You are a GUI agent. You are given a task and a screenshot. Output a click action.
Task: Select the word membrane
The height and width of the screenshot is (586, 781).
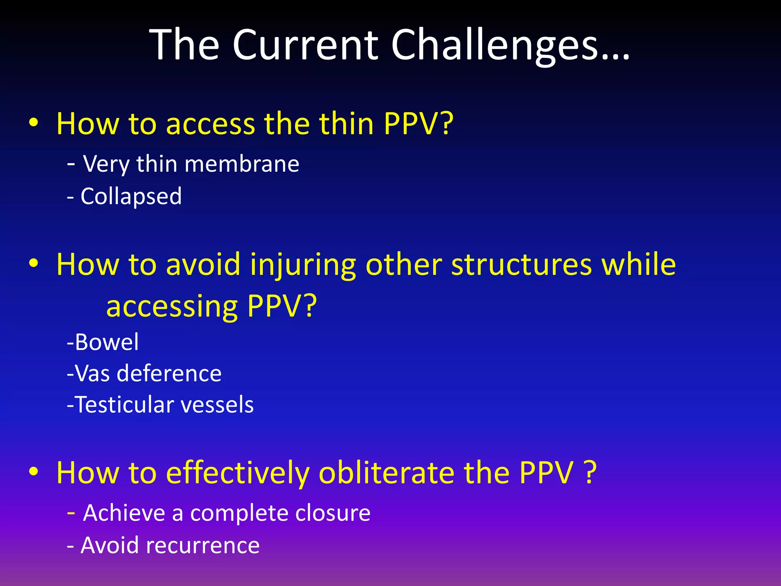coord(242,164)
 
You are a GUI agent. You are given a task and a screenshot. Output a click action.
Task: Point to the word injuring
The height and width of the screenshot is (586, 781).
coord(303,265)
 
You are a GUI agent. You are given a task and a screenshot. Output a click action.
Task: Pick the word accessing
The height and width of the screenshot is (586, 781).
coord(172,306)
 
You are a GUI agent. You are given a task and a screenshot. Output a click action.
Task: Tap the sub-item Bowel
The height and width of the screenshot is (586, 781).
coord(107,342)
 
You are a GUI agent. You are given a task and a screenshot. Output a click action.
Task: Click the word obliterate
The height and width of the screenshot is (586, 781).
coord(387,473)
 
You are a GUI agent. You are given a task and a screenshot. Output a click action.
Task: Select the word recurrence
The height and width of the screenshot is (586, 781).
coord(207,545)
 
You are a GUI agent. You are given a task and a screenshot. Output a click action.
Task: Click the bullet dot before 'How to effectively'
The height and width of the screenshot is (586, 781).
coord(34,472)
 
